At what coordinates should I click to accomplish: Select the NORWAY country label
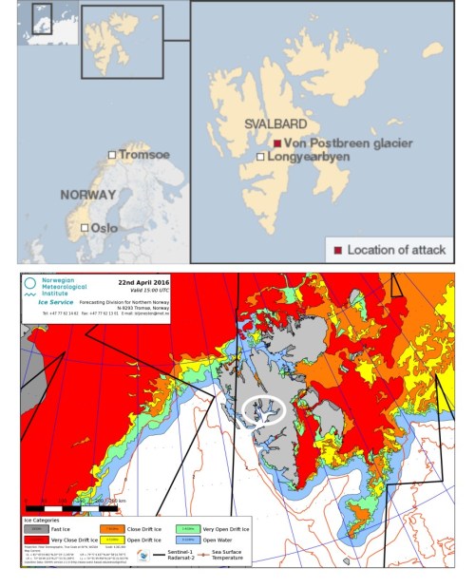coord(87,194)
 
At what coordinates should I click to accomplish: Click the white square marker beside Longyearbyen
coord(260,156)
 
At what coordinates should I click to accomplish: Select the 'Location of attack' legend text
coord(395,250)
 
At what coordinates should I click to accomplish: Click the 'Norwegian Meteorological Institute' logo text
coord(67,288)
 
